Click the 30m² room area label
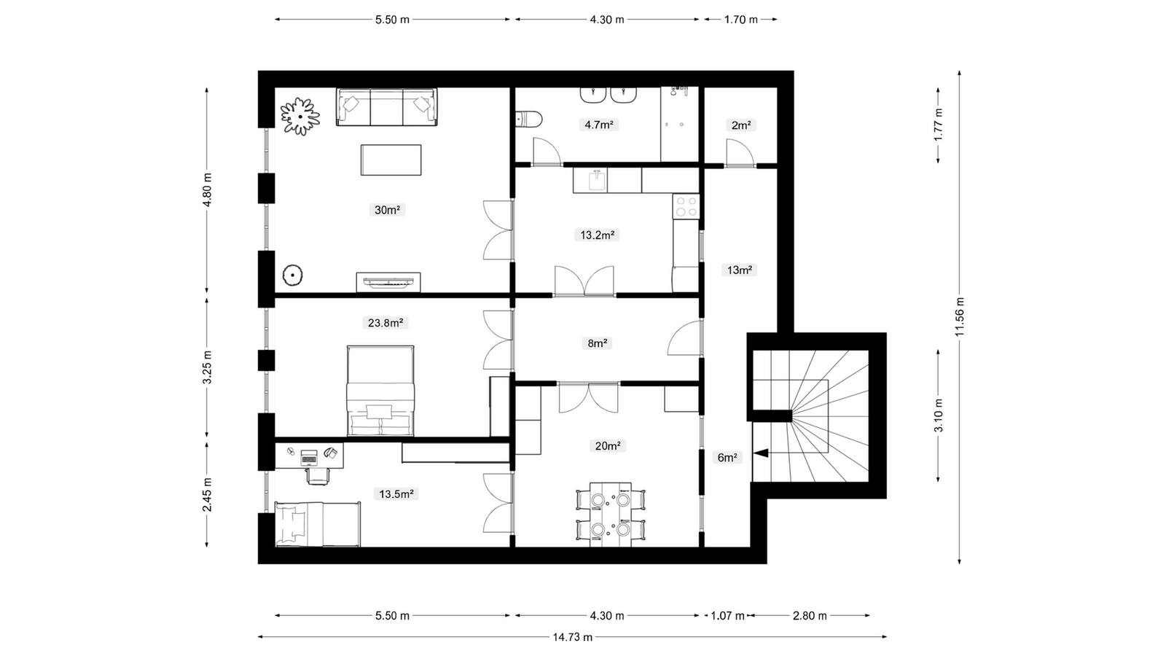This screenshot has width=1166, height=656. click(387, 210)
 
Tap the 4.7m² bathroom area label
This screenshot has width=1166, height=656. click(598, 125)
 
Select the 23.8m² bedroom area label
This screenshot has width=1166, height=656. click(386, 323)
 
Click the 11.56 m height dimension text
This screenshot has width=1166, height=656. click(960, 316)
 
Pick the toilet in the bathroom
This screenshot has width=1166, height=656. click(529, 119)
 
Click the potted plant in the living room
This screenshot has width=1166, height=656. click(300, 116)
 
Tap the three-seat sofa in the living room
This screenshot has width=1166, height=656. click(387, 106)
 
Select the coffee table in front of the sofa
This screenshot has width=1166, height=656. click(391, 160)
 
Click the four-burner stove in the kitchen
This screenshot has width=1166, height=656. click(686, 206)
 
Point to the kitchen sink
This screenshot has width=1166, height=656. click(597, 180)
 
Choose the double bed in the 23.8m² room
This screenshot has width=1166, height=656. click(380, 391)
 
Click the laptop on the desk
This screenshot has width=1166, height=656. click(309, 458)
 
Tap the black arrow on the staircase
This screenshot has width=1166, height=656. click(761, 453)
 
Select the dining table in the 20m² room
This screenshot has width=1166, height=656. click(611, 515)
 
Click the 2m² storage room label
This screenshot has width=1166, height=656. click(740, 125)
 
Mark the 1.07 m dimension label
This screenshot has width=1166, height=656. click(728, 616)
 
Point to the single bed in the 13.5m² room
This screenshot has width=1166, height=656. click(318, 524)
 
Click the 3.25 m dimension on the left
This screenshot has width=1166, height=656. click(207, 367)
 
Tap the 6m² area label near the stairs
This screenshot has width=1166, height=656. click(727, 458)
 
